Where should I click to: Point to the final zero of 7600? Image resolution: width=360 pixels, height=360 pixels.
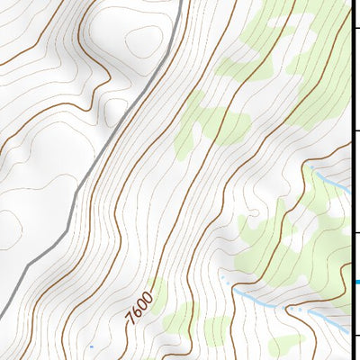pos(149,291)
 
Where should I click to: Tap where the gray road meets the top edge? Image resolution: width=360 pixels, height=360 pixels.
pos(180,2)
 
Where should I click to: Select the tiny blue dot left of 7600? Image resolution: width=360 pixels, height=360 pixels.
pos(91,345)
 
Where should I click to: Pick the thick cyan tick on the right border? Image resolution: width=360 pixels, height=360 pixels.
pos(356,282)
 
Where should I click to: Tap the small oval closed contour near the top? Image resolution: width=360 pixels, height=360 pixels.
pos(144,40)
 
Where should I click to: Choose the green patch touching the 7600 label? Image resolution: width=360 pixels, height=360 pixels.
pos(158,297)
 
